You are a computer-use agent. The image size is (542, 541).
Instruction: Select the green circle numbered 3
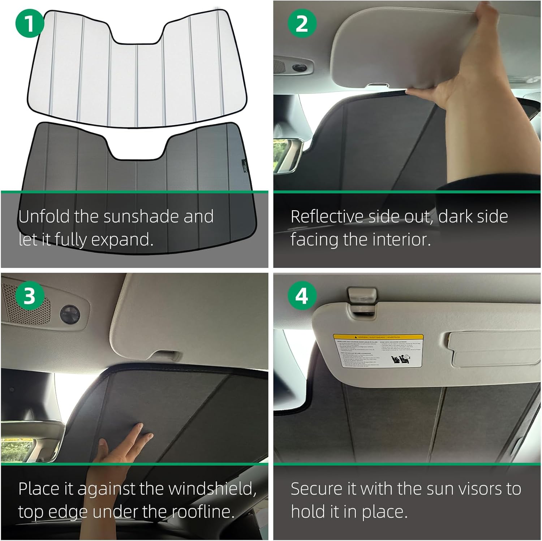click(x=30, y=296)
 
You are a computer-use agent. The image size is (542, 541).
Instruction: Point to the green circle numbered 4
click(x=302, y=296)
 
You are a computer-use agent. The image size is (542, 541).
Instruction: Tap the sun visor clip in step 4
click(x=361, y=300)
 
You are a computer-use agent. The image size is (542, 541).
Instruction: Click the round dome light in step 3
click(x=69, y=313)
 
